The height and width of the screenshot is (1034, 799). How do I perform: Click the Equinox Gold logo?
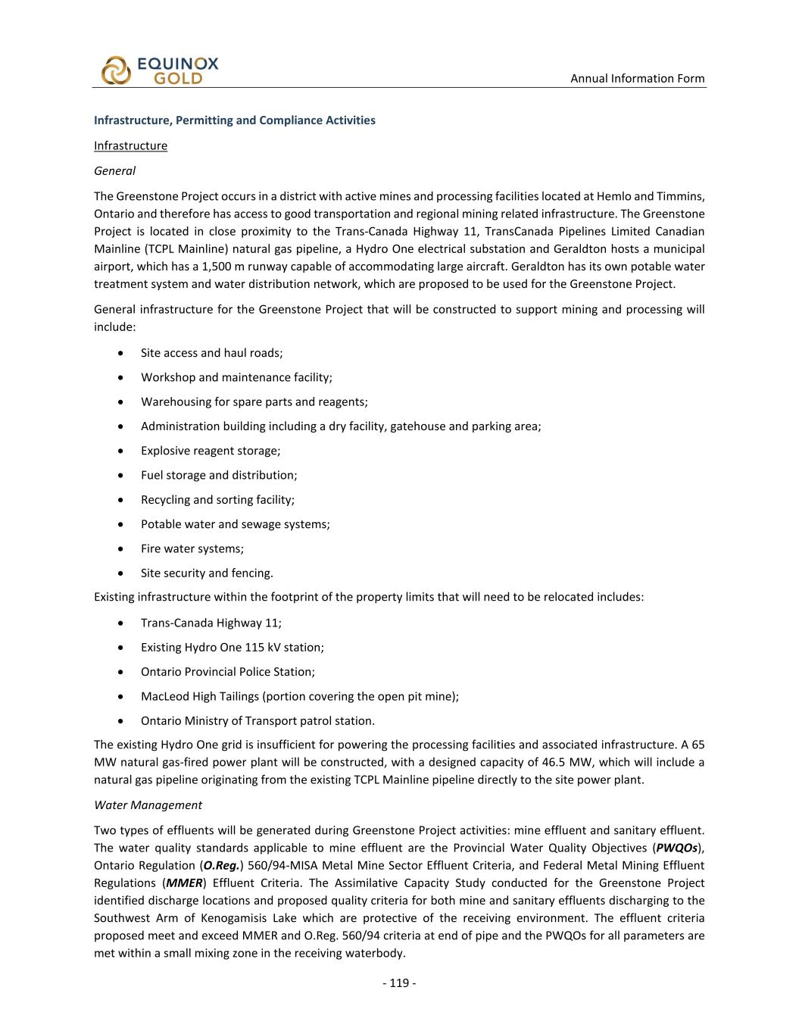pyautogui.click(x=159, y=70)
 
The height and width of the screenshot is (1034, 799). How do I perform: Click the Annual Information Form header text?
pyautogui.click(x=637, y=78)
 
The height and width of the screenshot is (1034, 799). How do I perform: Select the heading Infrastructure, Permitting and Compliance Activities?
pyautogui.click(x=234, y=120)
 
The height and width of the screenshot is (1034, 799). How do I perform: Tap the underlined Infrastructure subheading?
pyautogui.click(x=130, y=145)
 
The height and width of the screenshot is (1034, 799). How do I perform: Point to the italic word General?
pyautogui.click(x=114, y=170)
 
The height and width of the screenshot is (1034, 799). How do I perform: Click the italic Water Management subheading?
pyautogui.click(x=148, y=804)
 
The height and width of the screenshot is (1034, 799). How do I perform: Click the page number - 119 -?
pyautogui.click(x=399, y=982)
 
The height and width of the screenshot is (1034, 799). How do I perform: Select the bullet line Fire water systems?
pyautogui.click(x=192, y=548)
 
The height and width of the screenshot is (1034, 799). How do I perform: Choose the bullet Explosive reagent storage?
pyautogui.click(x=210, y=451)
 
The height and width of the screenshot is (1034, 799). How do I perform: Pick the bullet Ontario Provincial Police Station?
pyautogui.click(x=227, y=672)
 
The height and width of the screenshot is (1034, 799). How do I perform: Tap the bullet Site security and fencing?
pyautogui.click(x=207, y=573)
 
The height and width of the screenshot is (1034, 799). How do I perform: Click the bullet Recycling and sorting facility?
pyautogui.click(x=217, y=499)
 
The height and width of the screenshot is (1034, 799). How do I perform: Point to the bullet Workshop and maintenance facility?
pyautogui.click(x=236, y=377)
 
